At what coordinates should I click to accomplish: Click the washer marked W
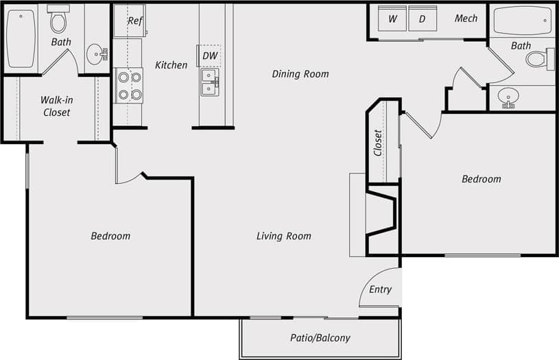pyautogui.click(x=392, y=19)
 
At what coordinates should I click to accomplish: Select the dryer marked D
pyautogui.click(x=423, y=19)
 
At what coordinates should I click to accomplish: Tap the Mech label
pyautogui.click(x=466, y=19)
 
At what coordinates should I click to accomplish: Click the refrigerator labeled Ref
pyautogui.click(x=135, y=21)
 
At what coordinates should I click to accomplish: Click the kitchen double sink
pyautogui.click(x=210, y=82)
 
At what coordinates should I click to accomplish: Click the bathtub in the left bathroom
pyautogui.click(x=21, y=38)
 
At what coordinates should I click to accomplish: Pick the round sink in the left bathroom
pyautogui.click(x=96, y=54)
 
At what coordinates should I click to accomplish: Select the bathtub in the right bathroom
pyautogui.click(x=523, y=21)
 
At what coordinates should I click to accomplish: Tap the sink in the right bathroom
pyautogui.click(x=508, y=97)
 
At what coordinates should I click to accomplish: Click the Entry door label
pyautogui.click(x=380, y=289)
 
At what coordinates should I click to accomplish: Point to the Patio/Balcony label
pyautogui.click(x=320, y=338)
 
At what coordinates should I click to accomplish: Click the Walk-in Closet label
pyautogui.click(x=56, y=106)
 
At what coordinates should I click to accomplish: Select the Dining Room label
pyautogui.click(x=300, y=74)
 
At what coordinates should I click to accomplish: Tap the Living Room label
pyautogui.click(x=283, y=237)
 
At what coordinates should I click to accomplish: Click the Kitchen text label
pyautogui.click(x=171, y=65)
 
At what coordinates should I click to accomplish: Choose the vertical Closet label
pyautogui.click(x=378, y=143)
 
